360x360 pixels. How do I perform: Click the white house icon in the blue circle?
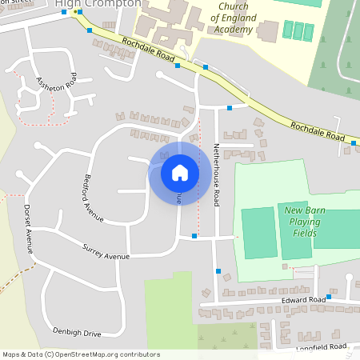coord(180,173)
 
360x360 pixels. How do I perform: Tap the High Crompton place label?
coord(98,4)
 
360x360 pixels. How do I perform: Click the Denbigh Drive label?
coord(77,331)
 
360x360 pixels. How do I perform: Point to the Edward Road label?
coord(304,300)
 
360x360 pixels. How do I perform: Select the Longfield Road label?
coord(323,347)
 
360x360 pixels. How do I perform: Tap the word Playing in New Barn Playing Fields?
coord(302,222)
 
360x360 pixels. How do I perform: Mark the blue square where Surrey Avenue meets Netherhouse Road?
coord(194,237)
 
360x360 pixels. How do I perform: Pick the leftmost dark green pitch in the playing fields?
coord(259,233)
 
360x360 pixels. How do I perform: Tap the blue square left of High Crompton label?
coord(64,13)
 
